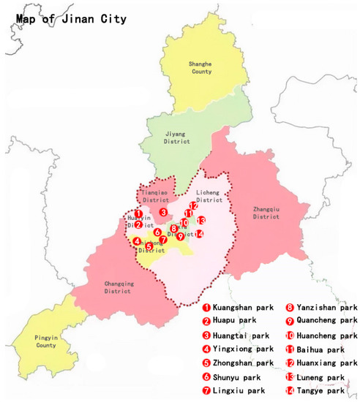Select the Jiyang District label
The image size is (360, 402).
coord(175,138)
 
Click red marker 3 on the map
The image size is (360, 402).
coord(164,212)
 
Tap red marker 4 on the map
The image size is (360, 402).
coord(137,241)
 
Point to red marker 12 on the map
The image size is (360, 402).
coord(193,206)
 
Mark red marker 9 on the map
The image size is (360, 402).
coord(180,236)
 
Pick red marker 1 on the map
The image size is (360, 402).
coord(138,213)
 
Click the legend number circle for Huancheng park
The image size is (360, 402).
coord(290,335)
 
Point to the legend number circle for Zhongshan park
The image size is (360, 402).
coord(207,363)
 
